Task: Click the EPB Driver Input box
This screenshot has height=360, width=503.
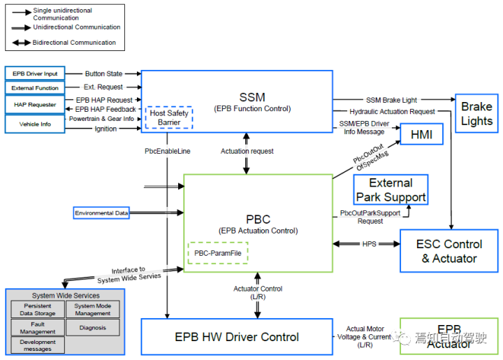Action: click(35, 73)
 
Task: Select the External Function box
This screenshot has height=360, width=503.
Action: click(35, 88)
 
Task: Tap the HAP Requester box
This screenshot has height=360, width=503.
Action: click(35, 105)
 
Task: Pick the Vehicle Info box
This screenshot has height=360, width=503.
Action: click(35, 124)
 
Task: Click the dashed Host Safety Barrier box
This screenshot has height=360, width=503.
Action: click(168, 117)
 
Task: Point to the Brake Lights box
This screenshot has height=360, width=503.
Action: click(476, 114)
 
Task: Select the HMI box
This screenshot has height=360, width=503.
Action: click(422, 134)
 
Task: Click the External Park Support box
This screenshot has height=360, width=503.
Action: click(391, 190)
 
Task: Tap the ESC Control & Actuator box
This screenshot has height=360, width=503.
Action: click(449, 252)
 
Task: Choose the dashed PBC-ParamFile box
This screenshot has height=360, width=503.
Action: click(217, 252)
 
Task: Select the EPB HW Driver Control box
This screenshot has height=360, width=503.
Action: click(237, 337)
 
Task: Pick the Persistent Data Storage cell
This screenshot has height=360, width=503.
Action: click(38, 310)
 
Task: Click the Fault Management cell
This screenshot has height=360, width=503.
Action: click(38, 327)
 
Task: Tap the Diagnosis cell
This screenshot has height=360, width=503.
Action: click(93, 326)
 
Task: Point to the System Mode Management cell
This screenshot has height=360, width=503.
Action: click(93, 310)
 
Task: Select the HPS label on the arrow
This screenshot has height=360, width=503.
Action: click(369, 244)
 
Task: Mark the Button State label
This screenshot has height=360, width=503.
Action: click(104, 73)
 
